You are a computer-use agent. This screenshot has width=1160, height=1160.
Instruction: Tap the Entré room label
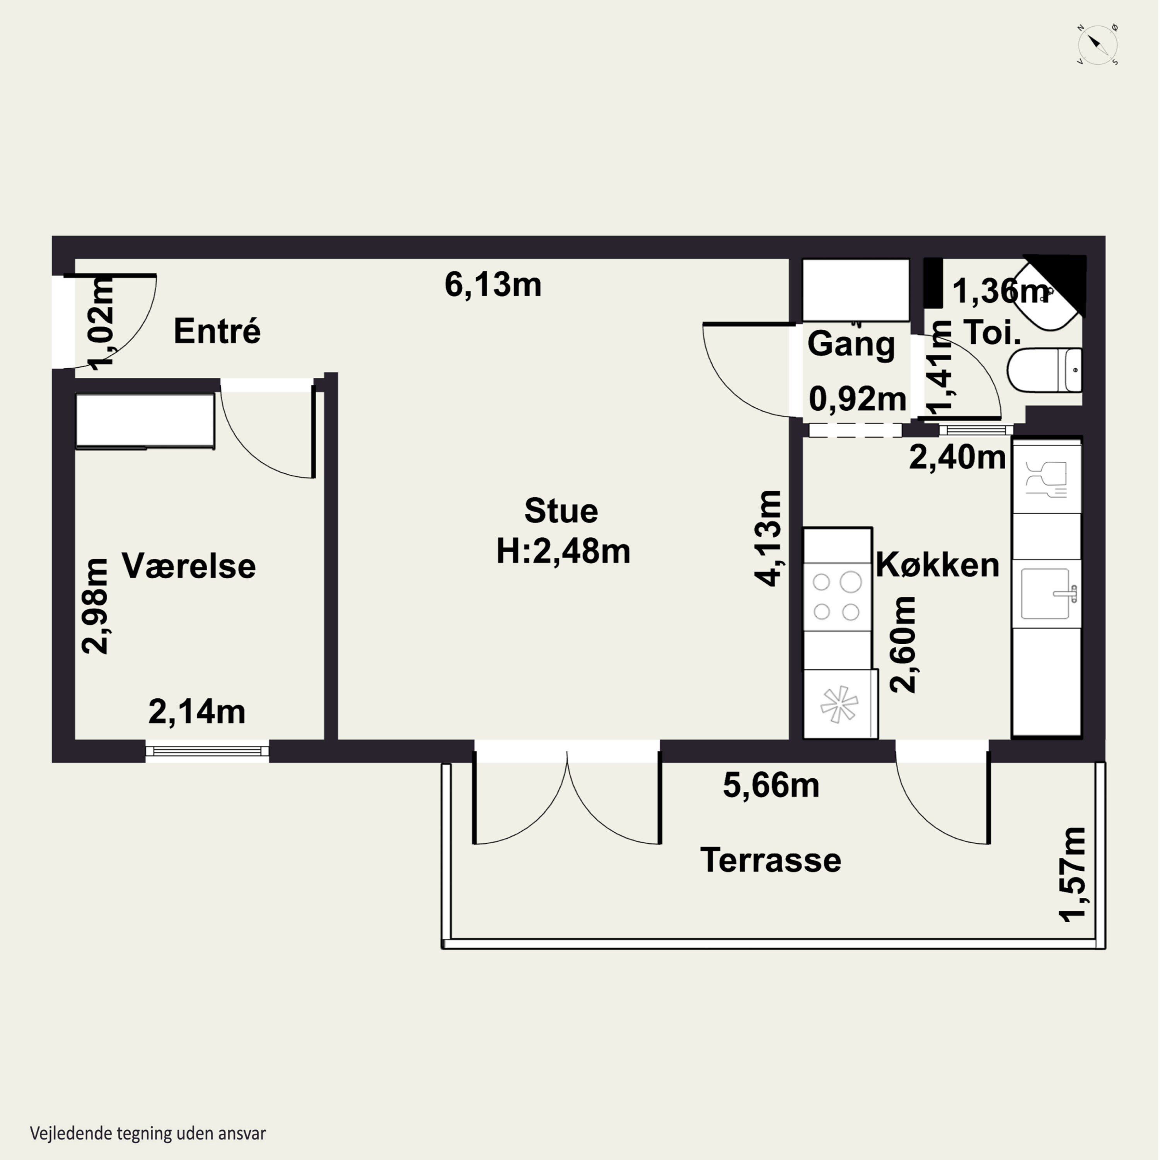click(217, 331)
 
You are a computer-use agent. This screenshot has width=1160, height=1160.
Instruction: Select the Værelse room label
click(189, 566)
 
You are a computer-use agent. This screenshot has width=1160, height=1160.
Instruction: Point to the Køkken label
click(937, 565)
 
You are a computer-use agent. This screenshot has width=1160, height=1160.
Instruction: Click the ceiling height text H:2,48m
click(563, 551)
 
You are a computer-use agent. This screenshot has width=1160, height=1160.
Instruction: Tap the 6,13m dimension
click(493, 285)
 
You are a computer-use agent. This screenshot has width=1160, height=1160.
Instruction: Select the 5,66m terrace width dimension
click(771, 785)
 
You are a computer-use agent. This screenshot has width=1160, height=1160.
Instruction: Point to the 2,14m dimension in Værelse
click(197, 712)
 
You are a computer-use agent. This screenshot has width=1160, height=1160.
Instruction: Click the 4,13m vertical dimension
click(769, 538)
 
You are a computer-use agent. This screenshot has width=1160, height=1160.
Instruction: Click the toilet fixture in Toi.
click(1045, 370)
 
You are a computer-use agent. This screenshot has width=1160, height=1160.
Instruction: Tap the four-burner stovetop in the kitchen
click(837, 597)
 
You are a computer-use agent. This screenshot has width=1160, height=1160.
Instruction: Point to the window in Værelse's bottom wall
click(207, 751)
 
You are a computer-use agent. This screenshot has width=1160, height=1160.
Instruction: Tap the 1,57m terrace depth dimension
click(1072, 874)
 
